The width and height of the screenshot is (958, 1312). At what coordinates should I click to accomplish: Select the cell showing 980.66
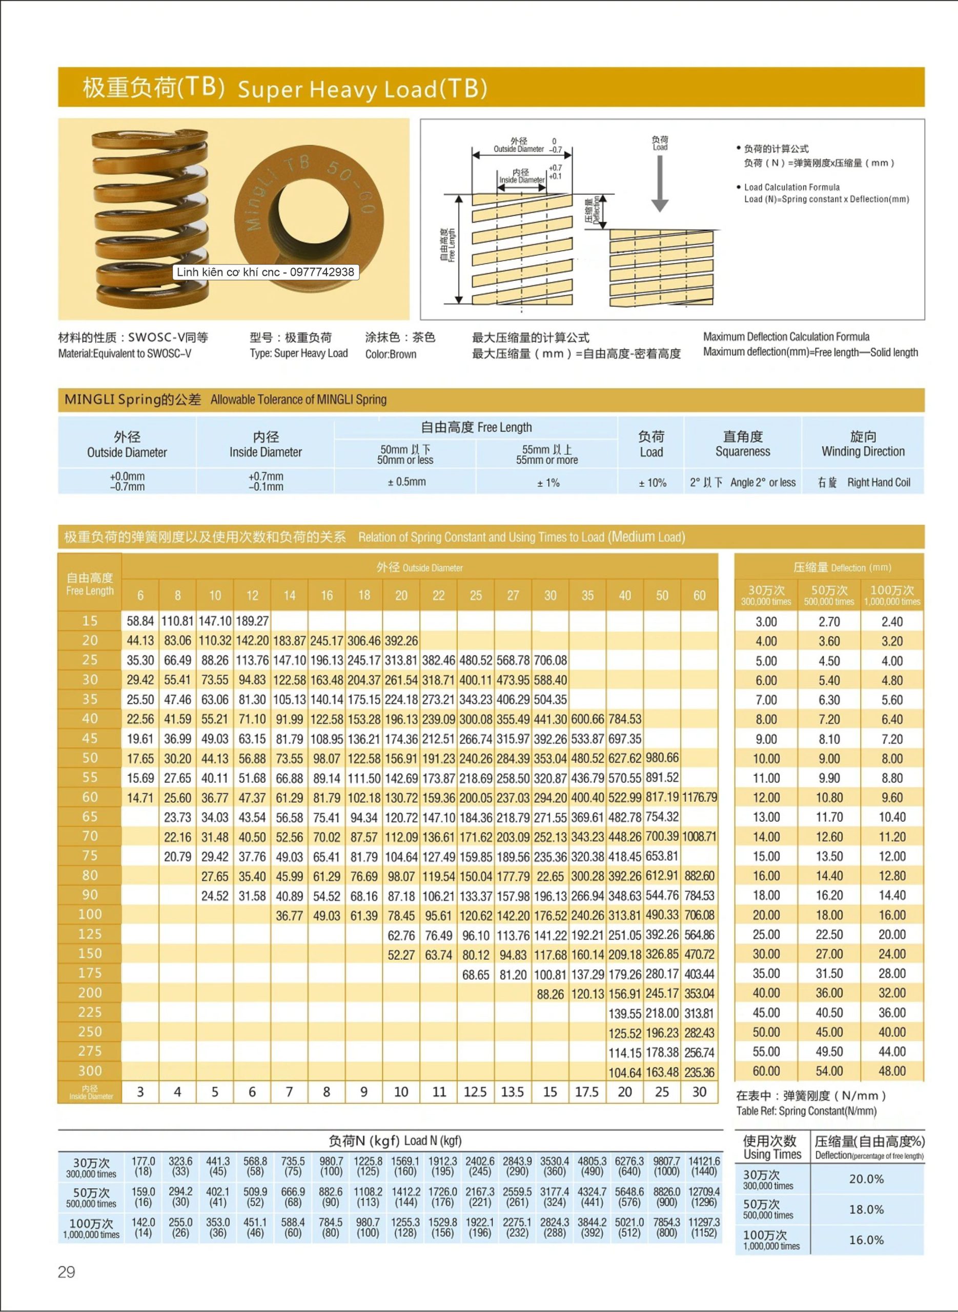pos(662,758)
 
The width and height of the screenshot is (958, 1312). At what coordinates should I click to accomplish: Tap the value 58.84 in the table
pos(140,621)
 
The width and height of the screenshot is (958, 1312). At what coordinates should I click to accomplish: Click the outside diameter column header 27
pos(513,596)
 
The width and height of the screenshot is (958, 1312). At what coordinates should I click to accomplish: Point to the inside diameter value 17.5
pos(587,1092)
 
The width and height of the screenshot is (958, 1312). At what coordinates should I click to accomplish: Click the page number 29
pos(67,1272)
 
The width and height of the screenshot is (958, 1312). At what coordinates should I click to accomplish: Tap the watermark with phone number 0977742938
pos(266,272)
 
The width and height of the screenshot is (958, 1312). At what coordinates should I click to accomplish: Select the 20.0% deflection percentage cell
pos(866,1179)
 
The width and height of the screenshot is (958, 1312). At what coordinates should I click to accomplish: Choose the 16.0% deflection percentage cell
pos(866,1240)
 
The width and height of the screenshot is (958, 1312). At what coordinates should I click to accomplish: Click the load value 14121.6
pos(704,1161)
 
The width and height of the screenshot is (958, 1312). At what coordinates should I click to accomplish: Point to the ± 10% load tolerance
pos(653,482)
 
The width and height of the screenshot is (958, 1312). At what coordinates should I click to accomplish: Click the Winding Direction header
pos(863,451)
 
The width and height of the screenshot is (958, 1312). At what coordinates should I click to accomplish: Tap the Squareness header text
pos(743,451)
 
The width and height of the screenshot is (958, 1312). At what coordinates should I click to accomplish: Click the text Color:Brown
pos(390,354)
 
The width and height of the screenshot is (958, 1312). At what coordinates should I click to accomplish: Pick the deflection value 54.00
pos(829,1071)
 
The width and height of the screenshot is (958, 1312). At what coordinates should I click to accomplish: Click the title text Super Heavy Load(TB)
pos(362,89)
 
